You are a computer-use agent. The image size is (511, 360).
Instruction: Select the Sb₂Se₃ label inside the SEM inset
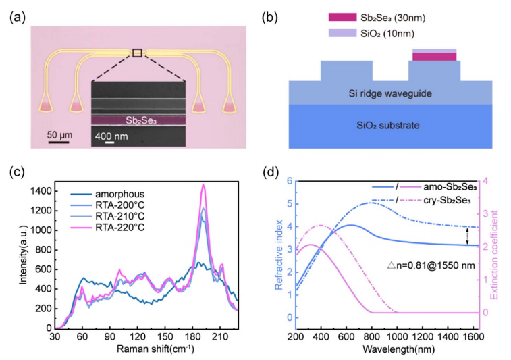point(140,120)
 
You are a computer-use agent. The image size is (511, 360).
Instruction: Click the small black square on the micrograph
point(137,52)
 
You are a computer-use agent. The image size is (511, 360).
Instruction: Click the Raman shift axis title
point(155,349)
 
